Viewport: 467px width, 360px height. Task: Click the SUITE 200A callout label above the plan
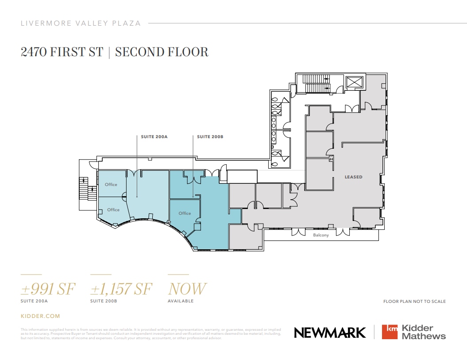tap(154, 137)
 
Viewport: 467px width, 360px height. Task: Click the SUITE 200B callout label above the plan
tap(210, 137)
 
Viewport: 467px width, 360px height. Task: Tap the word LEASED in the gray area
tap(354, 177)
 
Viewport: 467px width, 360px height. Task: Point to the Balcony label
tap(321, 235)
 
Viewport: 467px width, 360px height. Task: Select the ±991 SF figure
tap(48, 289)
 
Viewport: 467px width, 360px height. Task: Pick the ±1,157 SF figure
tap(121, 289)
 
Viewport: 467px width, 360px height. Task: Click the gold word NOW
tap(187, 289)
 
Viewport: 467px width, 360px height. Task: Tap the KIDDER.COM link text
tap(40, 316)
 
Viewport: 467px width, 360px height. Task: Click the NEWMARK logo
tap(330, 333)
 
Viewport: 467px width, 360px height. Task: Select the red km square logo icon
tap(390, 332)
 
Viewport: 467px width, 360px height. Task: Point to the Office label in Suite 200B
tap(185, 213)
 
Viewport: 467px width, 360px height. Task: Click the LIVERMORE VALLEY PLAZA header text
tap(81, 23)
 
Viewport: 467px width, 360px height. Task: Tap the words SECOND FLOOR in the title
tap(162, 52)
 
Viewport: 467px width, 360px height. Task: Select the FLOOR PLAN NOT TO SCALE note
tap(414, 302)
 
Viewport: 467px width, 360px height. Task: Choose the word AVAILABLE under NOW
tap(181, 301)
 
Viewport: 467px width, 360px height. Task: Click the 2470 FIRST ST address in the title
tap(62, 52)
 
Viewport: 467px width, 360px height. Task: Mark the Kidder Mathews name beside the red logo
tap(423, 332)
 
